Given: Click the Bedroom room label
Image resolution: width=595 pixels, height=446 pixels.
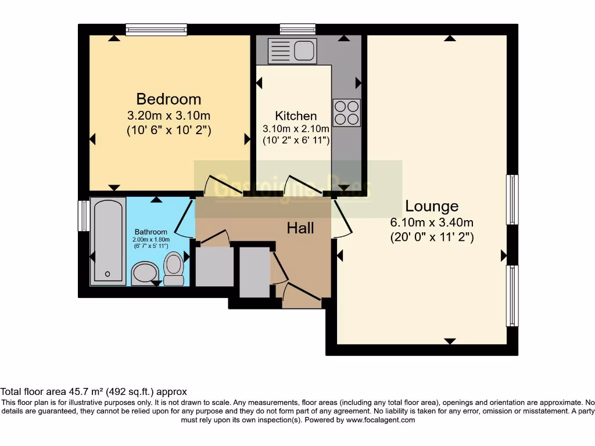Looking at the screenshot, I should point(169,99).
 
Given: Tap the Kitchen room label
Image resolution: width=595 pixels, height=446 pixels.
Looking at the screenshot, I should point(296,116).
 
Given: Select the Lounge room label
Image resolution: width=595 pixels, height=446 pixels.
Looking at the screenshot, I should point(432,206).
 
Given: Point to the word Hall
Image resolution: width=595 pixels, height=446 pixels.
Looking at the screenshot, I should point(300,228).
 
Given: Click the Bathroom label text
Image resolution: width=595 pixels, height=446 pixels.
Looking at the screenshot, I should point(151,232).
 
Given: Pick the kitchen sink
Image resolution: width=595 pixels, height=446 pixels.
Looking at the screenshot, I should point(292,51).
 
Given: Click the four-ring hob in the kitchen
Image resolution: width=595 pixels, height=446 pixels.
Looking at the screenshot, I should point(346,113).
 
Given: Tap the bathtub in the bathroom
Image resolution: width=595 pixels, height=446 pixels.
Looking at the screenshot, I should point(108,241).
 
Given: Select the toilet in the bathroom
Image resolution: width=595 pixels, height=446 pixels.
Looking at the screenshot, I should point(174,268).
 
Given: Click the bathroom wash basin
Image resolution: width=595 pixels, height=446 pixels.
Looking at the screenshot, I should point(145,273).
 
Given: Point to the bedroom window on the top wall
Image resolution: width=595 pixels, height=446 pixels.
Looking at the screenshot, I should point(156,29).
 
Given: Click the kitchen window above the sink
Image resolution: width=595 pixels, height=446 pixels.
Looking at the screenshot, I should point(297,29).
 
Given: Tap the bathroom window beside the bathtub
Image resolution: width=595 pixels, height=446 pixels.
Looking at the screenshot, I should point(84,215).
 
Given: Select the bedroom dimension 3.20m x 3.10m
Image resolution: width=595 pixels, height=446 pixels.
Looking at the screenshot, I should point(169,115).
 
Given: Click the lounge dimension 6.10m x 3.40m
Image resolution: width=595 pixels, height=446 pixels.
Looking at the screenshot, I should point(432,222).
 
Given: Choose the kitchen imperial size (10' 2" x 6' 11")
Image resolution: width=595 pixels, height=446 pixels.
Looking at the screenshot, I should point(296,140).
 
